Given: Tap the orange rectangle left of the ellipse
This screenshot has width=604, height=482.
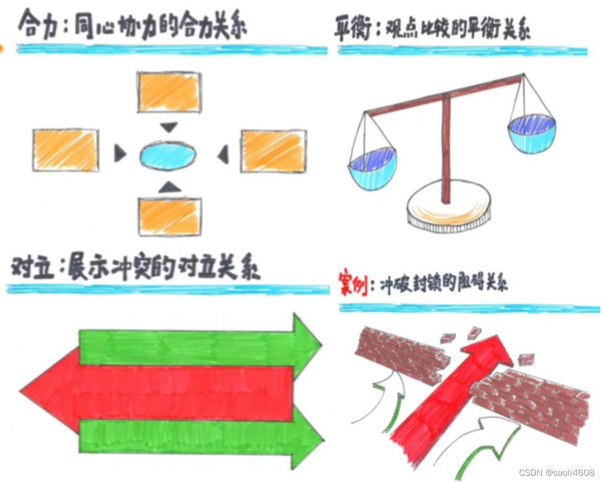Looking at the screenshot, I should pyautogui.click(x=64, y=150).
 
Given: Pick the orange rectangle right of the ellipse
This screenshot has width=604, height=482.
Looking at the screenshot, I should pyautogui.click(x=273, y=151).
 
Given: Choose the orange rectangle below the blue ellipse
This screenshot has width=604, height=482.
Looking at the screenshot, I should pyautogui.click(x=169, y=216).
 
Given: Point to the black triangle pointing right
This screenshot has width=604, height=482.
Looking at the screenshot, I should pyautogui.click(x=120, y=153).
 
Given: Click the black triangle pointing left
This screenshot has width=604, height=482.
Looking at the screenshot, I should pyautogui.click(x=223, y=154).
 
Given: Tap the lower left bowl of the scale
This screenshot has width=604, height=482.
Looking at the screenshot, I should pyautogui.click(x=371, y=170).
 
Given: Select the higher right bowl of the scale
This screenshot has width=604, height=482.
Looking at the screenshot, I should pyautogui.click(x=531, y=134).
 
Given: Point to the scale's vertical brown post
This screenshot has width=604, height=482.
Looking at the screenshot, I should pyautogui.click(x=446, y=149).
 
